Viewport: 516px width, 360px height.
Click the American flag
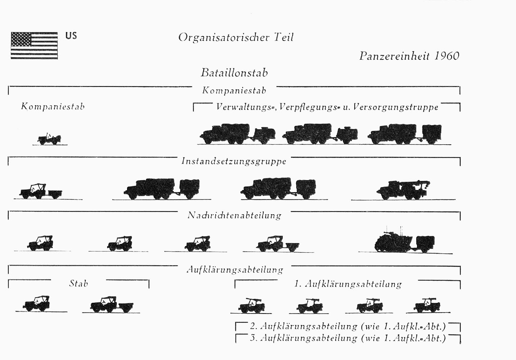click(x=34, y=45)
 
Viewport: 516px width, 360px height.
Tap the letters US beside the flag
click(x=71, y=36)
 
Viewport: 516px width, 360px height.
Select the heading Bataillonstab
click(x=234, y=73)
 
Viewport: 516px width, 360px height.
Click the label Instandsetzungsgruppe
click(x=234, y=161)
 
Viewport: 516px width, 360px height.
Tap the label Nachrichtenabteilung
click(x=234, y=216)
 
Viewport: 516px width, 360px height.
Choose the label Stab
click(x=78, y=283)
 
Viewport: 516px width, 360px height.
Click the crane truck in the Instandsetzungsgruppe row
click(x=403, y=190)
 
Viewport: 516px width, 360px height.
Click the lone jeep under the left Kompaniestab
click(x=49, y=139)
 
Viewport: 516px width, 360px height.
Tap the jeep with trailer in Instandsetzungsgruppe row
click(x=41, y=191)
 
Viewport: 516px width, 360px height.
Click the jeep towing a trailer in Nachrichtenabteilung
click(x=277, y=244)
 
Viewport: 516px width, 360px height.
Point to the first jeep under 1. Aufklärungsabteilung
click(x=251, y=306)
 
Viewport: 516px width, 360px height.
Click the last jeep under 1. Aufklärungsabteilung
click(x=427, y=305)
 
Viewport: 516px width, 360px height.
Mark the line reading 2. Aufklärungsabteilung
click(x=348, y=327)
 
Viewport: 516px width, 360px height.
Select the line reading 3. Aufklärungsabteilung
click(x=348, y=338)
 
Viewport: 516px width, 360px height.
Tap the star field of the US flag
click(x=21, y=39)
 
